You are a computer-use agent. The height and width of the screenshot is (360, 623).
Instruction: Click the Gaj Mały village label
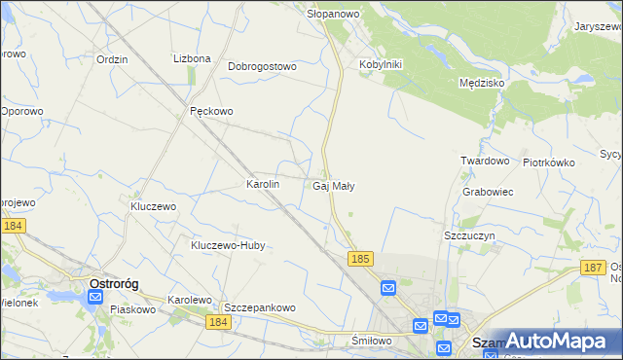tap(334, 185)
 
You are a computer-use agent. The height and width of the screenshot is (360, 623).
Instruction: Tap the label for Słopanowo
tap(334, 14)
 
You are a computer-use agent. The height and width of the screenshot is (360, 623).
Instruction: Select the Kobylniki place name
tap(381, 64)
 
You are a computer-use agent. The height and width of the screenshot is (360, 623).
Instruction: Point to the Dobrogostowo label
tap(262, 67)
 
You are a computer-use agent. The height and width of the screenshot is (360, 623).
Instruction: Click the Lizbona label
tap(192, 58)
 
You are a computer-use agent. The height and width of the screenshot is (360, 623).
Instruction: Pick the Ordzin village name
tap(113, 58)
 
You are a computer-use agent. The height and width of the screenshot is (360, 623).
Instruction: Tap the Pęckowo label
tap(211, 111)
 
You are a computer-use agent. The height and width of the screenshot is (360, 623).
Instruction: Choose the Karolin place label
tap(263, 183)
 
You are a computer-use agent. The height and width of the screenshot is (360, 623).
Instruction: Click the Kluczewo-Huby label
tap(228, 246)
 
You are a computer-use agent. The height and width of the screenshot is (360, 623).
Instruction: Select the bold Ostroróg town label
tap(114, 283)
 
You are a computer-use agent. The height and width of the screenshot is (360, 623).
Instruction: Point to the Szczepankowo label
tap(259, 307)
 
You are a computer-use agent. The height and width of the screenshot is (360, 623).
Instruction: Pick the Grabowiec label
tap(489, 192)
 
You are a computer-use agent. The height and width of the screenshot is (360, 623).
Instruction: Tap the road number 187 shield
tap(592, 267)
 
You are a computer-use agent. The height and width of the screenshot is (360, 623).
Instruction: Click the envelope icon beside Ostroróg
tap(95, 298)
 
